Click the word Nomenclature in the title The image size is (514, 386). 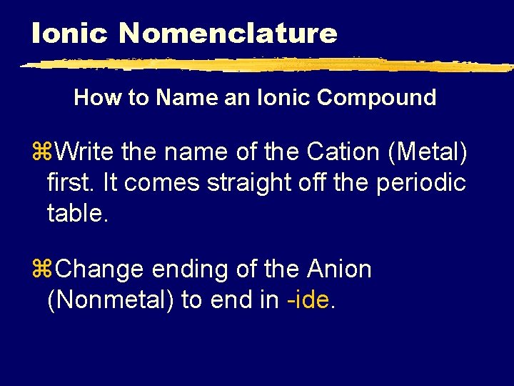click(x=228, y=33)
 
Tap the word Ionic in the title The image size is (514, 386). click(x=69, y=33)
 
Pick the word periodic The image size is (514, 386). click(x=423, y=182)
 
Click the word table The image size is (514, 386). click(x=76, y=212)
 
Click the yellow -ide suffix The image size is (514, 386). click(x=308, y=300)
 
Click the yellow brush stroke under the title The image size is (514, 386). click(x=264, y=65)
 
